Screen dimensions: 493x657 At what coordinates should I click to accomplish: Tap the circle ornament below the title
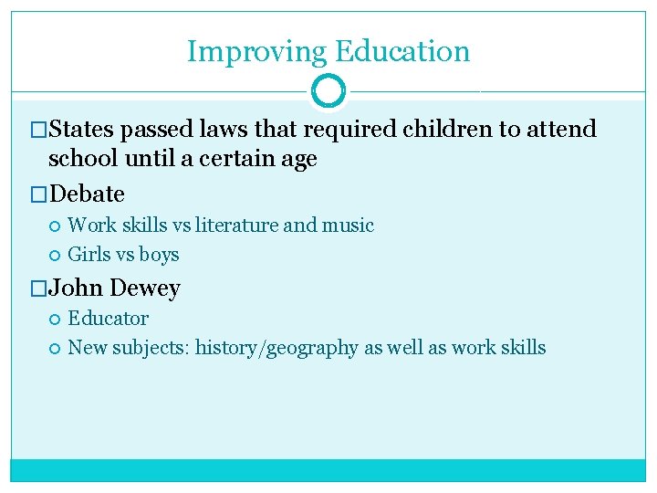[x=328, y=91]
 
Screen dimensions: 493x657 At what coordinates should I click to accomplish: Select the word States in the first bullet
[x=81, y=130]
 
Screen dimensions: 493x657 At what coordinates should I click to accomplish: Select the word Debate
[x=87, y=194]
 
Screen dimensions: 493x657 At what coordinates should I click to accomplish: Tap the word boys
[x=160, y=255]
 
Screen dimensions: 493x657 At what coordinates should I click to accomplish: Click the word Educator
[x=108, y=319]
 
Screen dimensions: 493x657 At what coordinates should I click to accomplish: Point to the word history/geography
[x=275, y=348]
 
